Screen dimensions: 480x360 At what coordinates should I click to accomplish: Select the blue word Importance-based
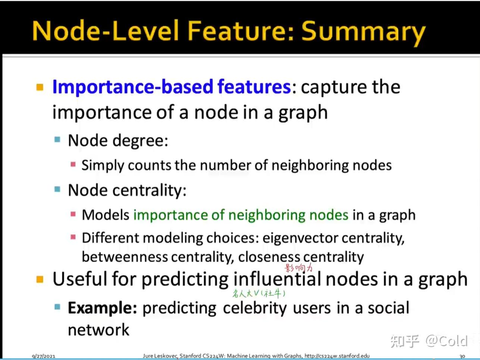click(x=133, y=87)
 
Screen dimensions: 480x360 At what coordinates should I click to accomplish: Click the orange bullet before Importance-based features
click(x=40, y=87)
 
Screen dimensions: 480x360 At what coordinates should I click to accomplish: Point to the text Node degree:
click(x=118, y=141)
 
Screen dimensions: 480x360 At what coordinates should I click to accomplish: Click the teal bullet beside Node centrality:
click(x=57, y=189)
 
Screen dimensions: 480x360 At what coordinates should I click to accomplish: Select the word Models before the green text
click(x=106, y=215)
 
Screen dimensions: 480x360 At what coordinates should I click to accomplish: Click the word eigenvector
click(x=300, y=238)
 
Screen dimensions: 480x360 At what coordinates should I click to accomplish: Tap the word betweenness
click(x=125, y=257)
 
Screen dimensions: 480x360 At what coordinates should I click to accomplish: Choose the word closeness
click(x=269, y=257)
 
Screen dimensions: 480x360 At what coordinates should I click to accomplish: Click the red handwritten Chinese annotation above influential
click(x=299, y=268)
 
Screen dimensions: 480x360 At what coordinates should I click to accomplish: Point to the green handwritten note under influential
click(x=259, y=294)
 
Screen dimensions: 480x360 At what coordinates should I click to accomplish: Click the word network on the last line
click(x=98, y=330)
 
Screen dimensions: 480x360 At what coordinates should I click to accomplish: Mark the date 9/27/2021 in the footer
click(x=44, y=356)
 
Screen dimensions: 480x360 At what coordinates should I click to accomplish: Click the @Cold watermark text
click(x=447, y=341)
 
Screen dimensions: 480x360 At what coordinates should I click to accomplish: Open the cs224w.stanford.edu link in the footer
click(x=337, y=356)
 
